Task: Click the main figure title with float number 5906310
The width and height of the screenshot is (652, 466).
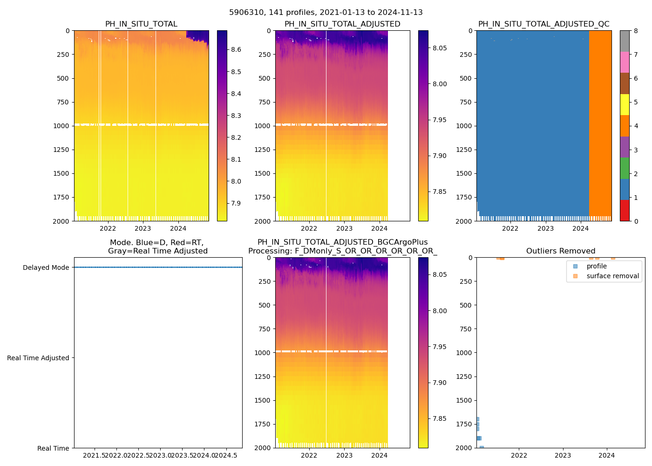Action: (326, 13)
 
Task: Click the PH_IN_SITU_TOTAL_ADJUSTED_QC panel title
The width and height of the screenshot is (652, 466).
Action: (543, 24)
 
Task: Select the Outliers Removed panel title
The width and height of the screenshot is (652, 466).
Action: (560, 251)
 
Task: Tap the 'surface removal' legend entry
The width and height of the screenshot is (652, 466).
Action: (612, 276)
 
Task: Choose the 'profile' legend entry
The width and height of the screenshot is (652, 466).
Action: (597, 266)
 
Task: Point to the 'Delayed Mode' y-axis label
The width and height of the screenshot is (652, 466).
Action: (46, 267)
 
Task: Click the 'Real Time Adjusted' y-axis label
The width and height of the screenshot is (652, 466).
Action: (38, 358)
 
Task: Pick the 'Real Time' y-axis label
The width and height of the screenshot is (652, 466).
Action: (53, 448)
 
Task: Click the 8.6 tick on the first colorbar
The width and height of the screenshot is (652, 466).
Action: (236, 49)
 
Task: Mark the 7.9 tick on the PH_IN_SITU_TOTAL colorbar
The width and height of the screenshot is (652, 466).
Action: (236, 203)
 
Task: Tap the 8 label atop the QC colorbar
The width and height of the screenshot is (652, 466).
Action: (636, 31)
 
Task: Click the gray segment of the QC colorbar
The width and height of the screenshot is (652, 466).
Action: (625, 41)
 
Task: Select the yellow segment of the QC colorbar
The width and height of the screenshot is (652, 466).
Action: (625, 105)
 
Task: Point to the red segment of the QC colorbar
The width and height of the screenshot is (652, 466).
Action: (625, 211)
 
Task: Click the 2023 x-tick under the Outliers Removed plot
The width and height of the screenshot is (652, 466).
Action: (563, 455)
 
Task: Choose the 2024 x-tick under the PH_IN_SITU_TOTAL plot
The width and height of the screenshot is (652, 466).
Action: (178, 228)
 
